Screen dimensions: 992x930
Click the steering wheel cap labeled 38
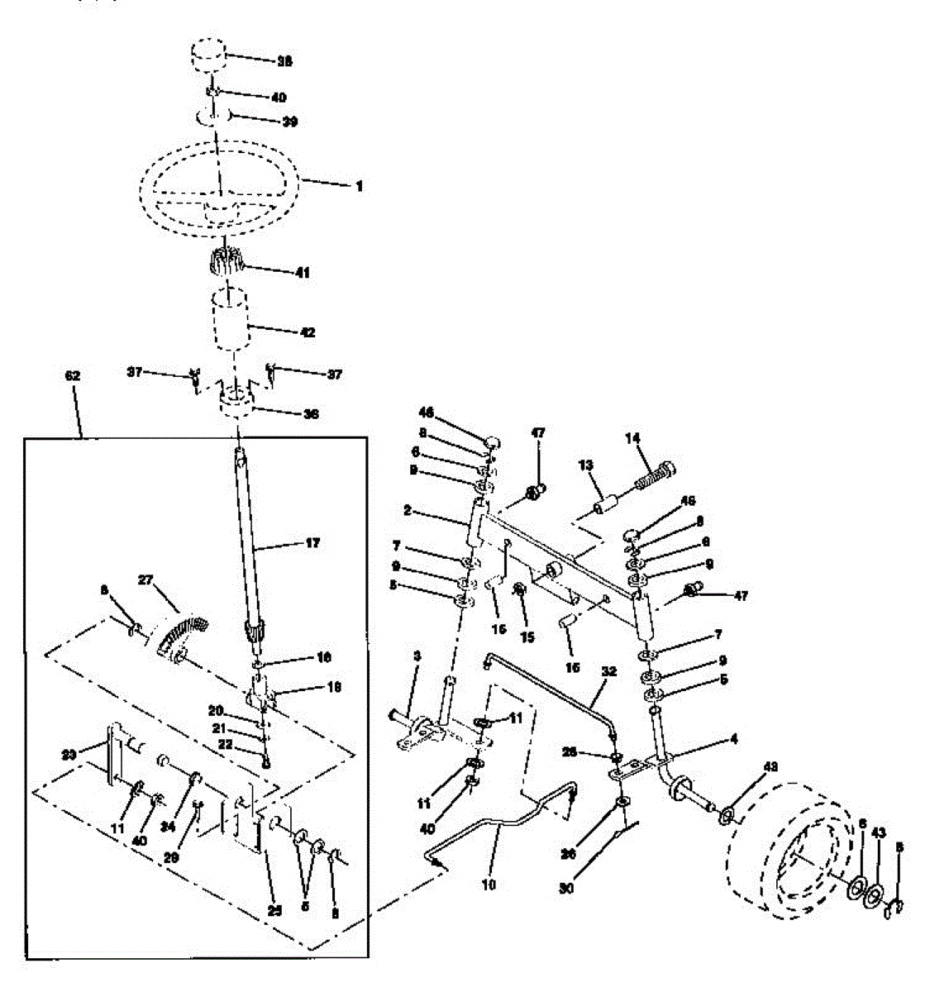pyautogui.click(x=209, y=60)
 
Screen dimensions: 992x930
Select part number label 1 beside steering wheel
pyautogui.click(x=359, y=187)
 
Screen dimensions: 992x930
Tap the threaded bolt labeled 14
pyautogui.click(x=656, y=475)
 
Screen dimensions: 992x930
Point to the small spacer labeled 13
pyautogui.click(x=610, y=503)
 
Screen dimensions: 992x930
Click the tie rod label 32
pyautogui.click(x=609, y=673)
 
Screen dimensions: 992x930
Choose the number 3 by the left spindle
pyautogui.click(x=417, y=655)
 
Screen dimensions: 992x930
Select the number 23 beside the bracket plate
pyautogui.click(x=69, y=754)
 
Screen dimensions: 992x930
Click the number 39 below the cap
pyautogui.click(x=289, y=122)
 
